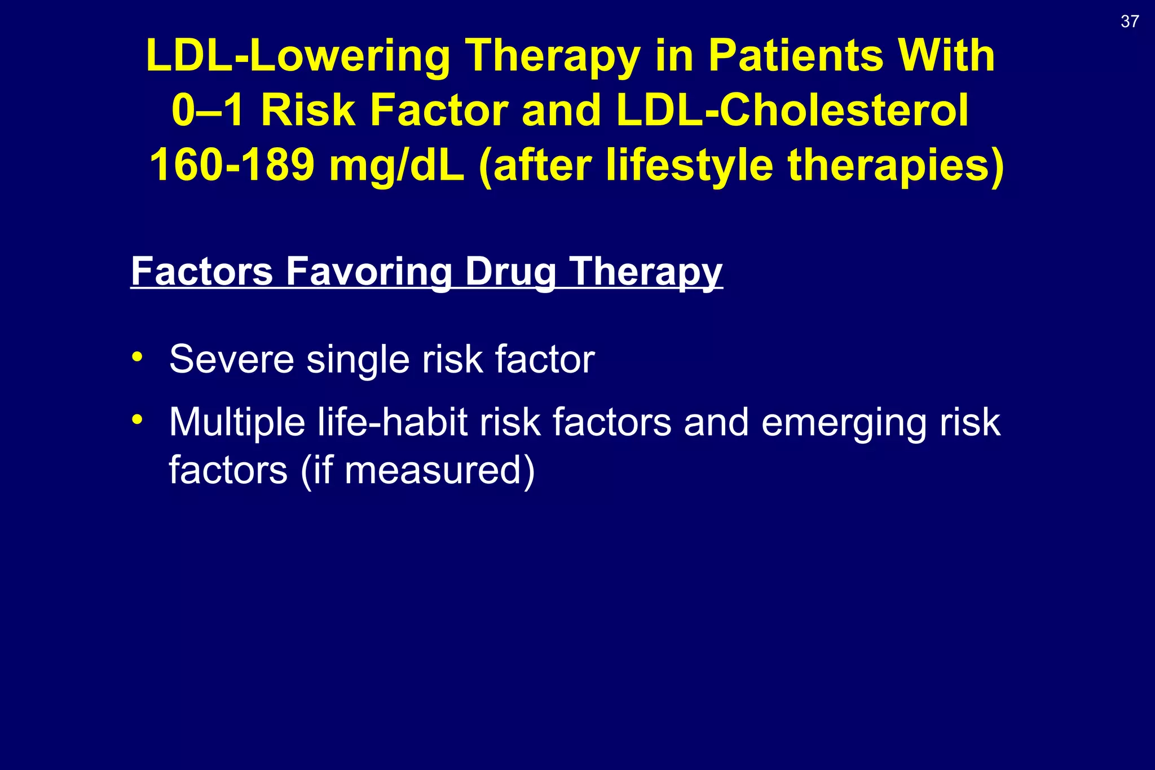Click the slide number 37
tap(1130, 21)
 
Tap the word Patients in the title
tap(796, 56)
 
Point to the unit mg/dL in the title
tap(397, 166)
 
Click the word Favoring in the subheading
tap(369, 271)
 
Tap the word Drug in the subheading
tap(510, 272)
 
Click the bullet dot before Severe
tap(137, 357)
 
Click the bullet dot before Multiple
tap(137, 420)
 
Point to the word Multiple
tap(237, 422)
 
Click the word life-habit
tap(393, 422)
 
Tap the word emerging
tap(843, 423)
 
